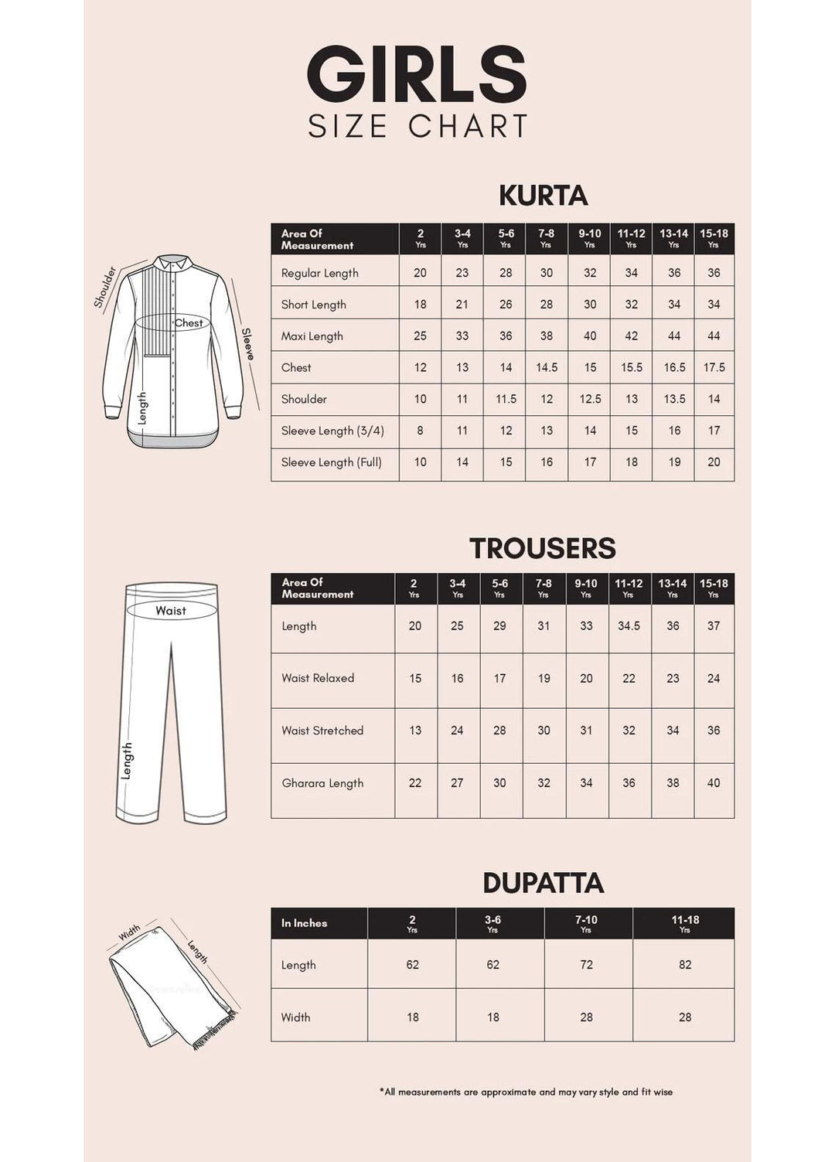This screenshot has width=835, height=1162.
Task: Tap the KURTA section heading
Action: (x=543, y=196)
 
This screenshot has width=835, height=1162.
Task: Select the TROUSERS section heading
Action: (x=543, y=548)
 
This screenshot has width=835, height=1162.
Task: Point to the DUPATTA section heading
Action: (x=543, y=883)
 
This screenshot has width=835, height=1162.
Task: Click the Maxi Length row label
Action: (x=312, y=336)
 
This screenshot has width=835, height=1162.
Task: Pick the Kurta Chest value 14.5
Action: (x=547, y=368)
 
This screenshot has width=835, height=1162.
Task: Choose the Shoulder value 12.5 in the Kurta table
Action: (x=590, y=400)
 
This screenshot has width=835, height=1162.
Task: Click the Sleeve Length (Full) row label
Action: (x=331, y=462)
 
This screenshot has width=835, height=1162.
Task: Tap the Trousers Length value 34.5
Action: (x=629, y=626)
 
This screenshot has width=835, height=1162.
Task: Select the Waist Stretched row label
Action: (x=322, y=731)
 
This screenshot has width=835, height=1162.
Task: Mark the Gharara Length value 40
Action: (x=713, y=783)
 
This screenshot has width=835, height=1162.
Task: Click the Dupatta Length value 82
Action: (x=685, y=965)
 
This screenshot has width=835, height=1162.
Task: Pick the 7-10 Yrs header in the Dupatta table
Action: (x=586, y=923)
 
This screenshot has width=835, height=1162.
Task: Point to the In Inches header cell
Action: (x=304, y=923)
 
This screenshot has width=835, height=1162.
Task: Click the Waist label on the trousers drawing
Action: (x=170, y=611)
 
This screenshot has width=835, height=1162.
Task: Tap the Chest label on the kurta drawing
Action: (x=188, y=323)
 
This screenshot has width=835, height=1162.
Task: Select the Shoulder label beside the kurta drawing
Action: (x=104, y=287)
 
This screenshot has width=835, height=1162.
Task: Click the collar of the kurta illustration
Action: (x=176, y=262)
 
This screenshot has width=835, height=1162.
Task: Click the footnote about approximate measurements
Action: (x=526, y=1092)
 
